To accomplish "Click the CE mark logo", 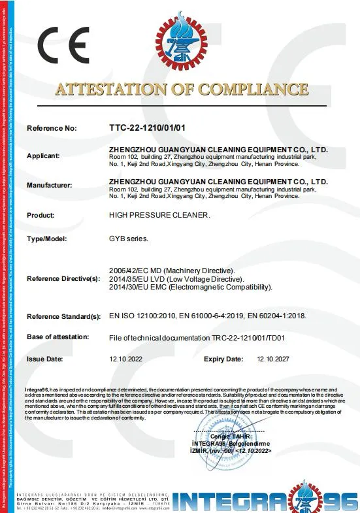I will pyautogui.click(x=63, y=44).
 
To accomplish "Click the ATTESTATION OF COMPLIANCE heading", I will pyautogui.click(x=182, y=90).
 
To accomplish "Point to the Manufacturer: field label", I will pyautogui.click(x=49, y=186).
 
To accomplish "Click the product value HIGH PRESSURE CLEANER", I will pyautogui.click(x=159, y=214).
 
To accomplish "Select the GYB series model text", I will pyautogui.click(x=128, y=239).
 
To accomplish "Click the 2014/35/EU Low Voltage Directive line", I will pyautogui.click(x=174, y=278).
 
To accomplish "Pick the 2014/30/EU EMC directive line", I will pyautogui.click(x=190, y=286).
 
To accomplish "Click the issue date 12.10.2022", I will pyautogui.click(x=125, y=359).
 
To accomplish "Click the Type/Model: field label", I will pyautogui.click(x=46, y=239).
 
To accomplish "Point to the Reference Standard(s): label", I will pyautogui.click(x=63, y=316).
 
